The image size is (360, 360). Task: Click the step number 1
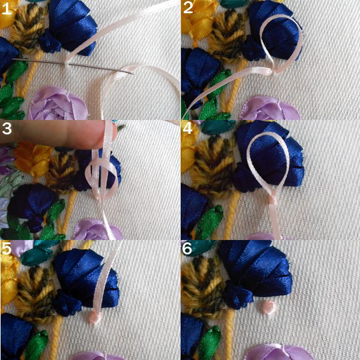click(x=7, y=9)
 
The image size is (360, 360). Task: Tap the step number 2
click(x=188, y=8)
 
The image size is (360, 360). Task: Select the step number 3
click(x=7, y=129)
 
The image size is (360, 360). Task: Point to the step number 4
click(x=188, y=128)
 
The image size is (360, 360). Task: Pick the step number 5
click(x=6, y=248)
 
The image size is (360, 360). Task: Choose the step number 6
click(x=187, y=248)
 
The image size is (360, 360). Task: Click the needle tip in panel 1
click(x=132, y=73)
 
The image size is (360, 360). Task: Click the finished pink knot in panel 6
click(x=269, y=307)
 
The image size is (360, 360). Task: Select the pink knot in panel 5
click(x=95, y=316)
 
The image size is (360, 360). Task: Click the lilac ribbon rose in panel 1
click(x=58, y=104)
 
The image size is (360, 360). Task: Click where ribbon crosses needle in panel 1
click(x=67, y=64)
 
